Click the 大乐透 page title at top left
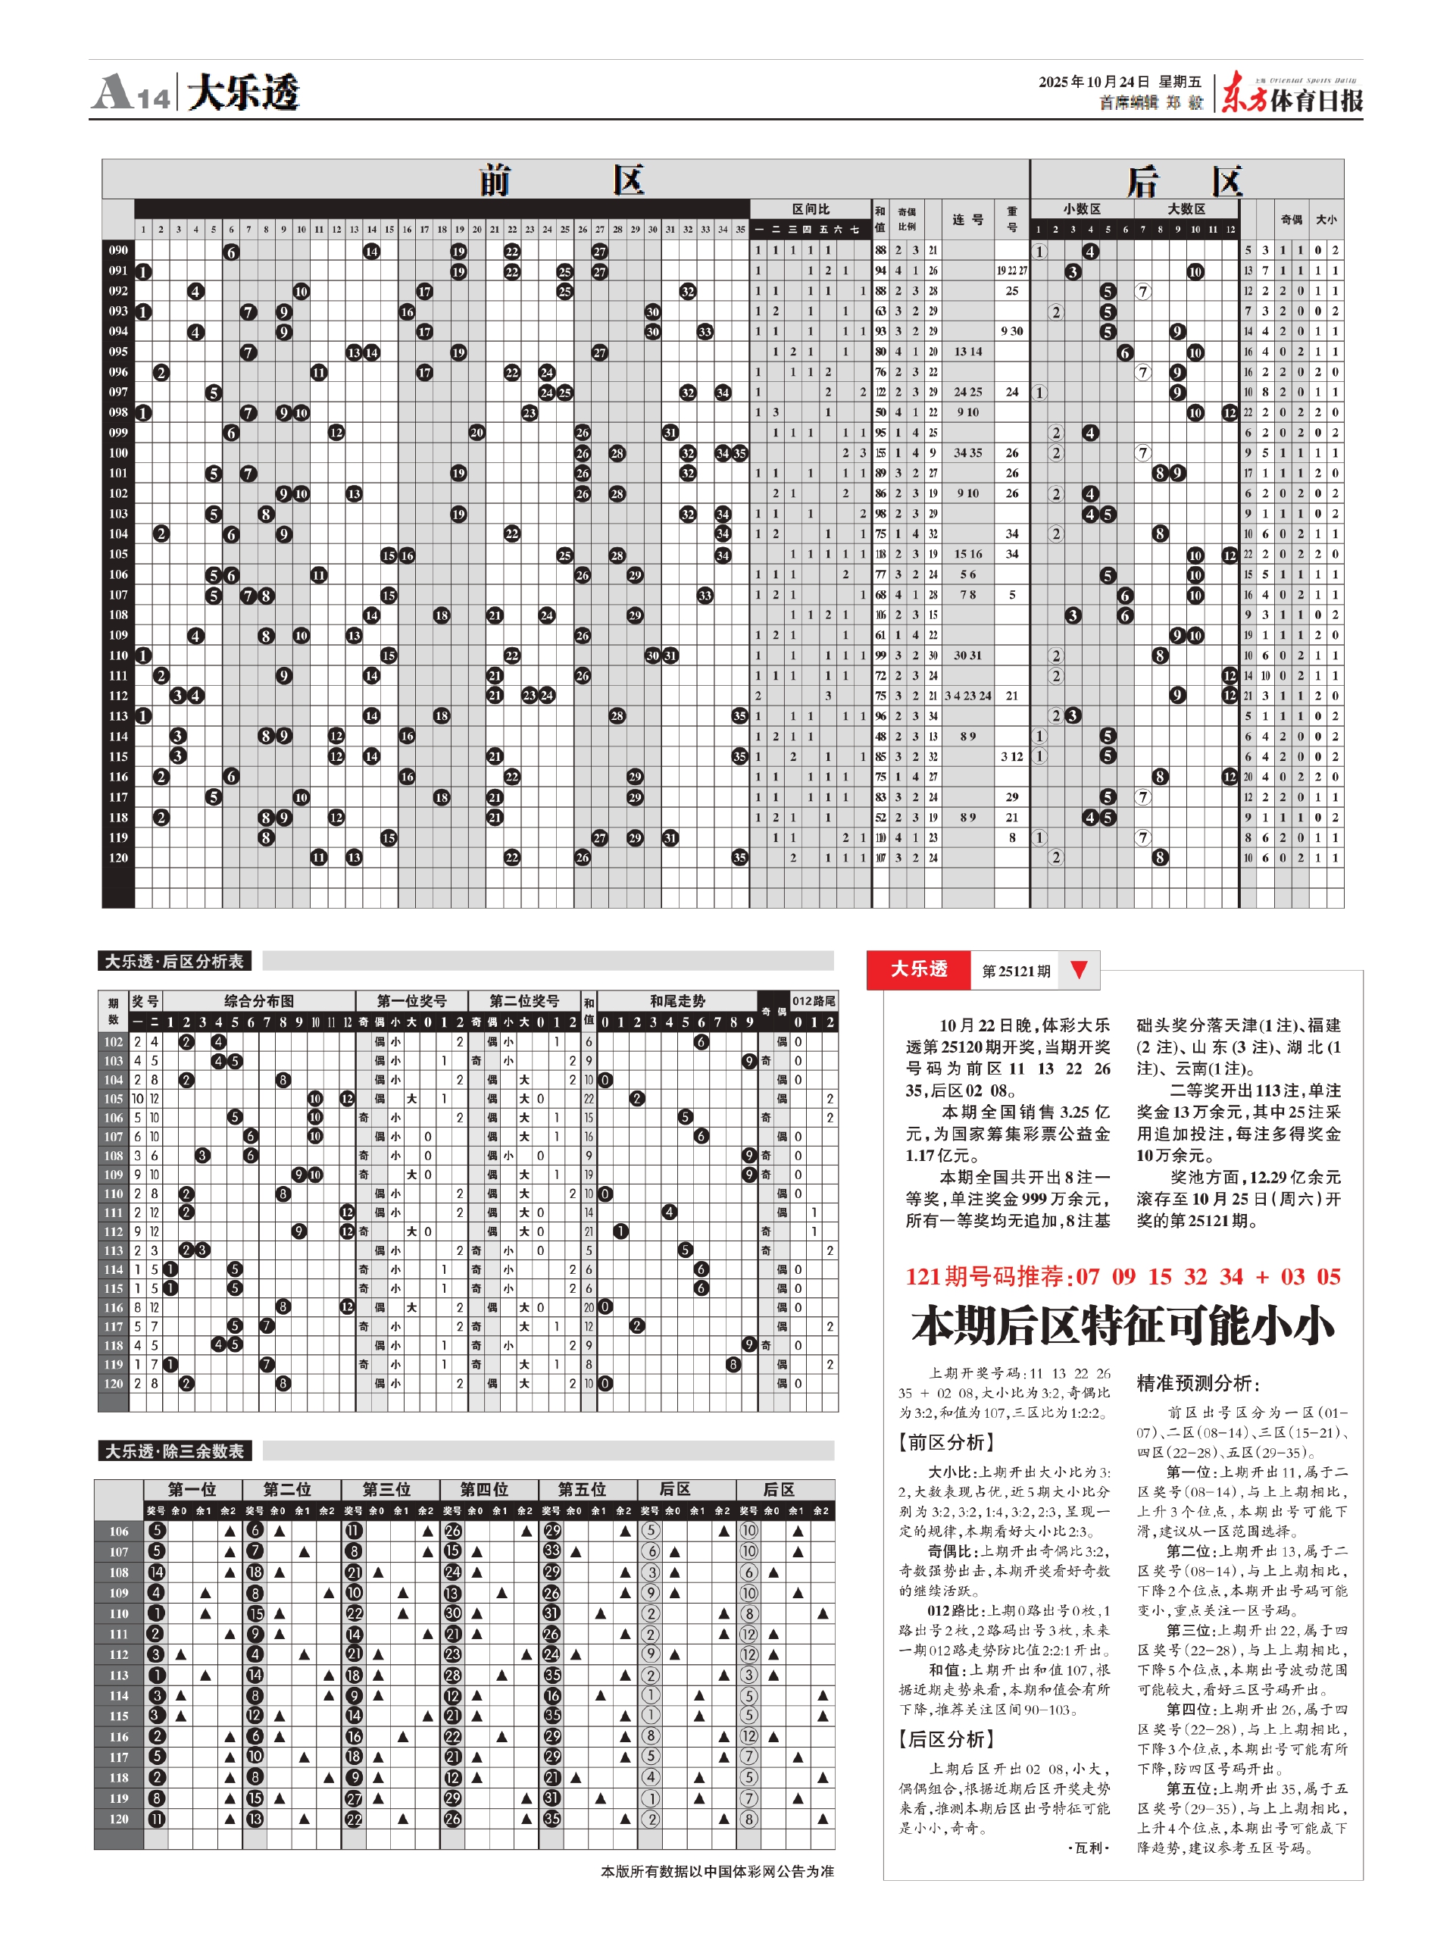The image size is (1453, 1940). [243, 92]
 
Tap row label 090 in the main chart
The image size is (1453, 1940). [118, 251]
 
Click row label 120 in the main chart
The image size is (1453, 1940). [118, 857]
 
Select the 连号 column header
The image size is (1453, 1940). [967, 219]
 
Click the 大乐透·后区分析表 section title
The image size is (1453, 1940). [174, 961]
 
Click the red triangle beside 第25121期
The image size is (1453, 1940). [1079, 969]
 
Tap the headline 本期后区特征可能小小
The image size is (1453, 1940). [1123, 1325]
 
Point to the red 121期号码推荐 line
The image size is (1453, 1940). [1123, 1276]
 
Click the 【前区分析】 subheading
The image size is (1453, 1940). [945, 1442]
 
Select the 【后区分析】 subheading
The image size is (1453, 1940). [945, 1739]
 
